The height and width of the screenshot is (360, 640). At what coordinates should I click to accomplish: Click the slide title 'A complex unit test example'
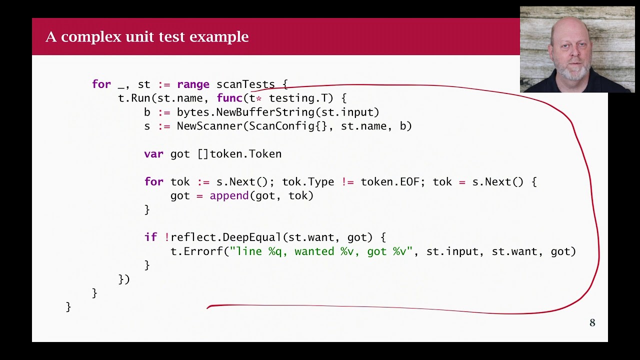147,36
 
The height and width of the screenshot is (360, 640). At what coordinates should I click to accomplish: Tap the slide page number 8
592,323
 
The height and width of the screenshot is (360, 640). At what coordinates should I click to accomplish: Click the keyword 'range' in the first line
193,84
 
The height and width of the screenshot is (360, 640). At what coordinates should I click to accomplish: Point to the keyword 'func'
229,98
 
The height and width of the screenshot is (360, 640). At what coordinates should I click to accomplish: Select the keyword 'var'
153,154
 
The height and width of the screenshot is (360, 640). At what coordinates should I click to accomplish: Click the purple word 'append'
229,196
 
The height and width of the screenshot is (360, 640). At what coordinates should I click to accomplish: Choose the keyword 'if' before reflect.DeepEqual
150,237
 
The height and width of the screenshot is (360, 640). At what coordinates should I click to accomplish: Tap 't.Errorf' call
196,251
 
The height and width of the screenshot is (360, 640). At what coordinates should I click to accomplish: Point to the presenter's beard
573,73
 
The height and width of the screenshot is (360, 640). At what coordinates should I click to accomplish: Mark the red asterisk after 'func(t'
258,98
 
